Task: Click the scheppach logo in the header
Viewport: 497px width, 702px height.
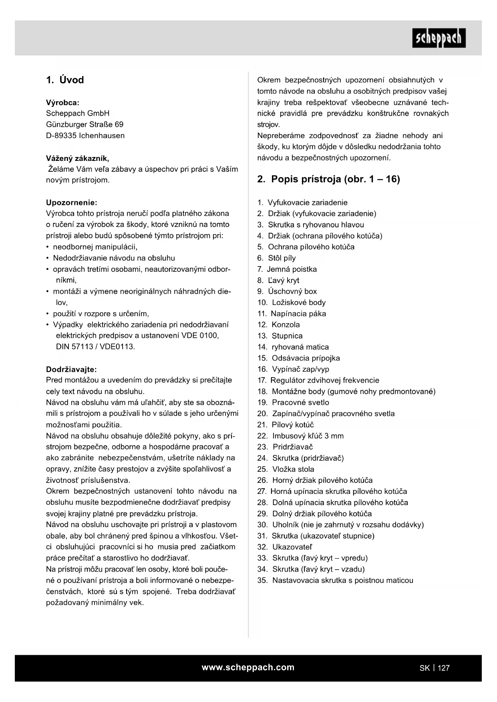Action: (439, 38)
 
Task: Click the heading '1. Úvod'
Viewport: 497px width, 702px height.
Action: (65, 80)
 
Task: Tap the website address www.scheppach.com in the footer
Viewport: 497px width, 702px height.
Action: (248, 667)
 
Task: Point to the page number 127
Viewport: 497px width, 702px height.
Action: (444, 668)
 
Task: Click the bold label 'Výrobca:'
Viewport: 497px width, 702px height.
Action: (62, 102)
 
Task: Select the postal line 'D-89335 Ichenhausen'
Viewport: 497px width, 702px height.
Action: (85, 136)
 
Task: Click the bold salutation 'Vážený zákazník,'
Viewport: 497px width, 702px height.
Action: (77, 158)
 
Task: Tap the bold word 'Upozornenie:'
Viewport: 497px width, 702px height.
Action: (71, 203)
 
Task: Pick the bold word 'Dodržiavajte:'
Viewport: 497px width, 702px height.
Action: (71, 369)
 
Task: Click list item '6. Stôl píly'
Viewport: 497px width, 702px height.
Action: (276, 258)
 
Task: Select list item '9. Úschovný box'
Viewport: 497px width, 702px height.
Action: (287, 291)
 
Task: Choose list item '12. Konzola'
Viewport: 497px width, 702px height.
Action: (278, 325)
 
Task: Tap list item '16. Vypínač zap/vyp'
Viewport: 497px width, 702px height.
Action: (293, 369)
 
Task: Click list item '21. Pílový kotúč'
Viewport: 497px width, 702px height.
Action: (285, 425)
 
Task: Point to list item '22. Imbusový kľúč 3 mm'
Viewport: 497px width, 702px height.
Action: (300, 436)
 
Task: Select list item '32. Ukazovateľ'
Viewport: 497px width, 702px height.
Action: (284, 547)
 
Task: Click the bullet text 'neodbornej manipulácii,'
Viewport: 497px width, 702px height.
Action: (95, 247)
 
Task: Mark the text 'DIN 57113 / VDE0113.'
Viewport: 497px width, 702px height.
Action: (95, 347)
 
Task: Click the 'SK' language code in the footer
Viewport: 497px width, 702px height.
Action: (425, 668)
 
